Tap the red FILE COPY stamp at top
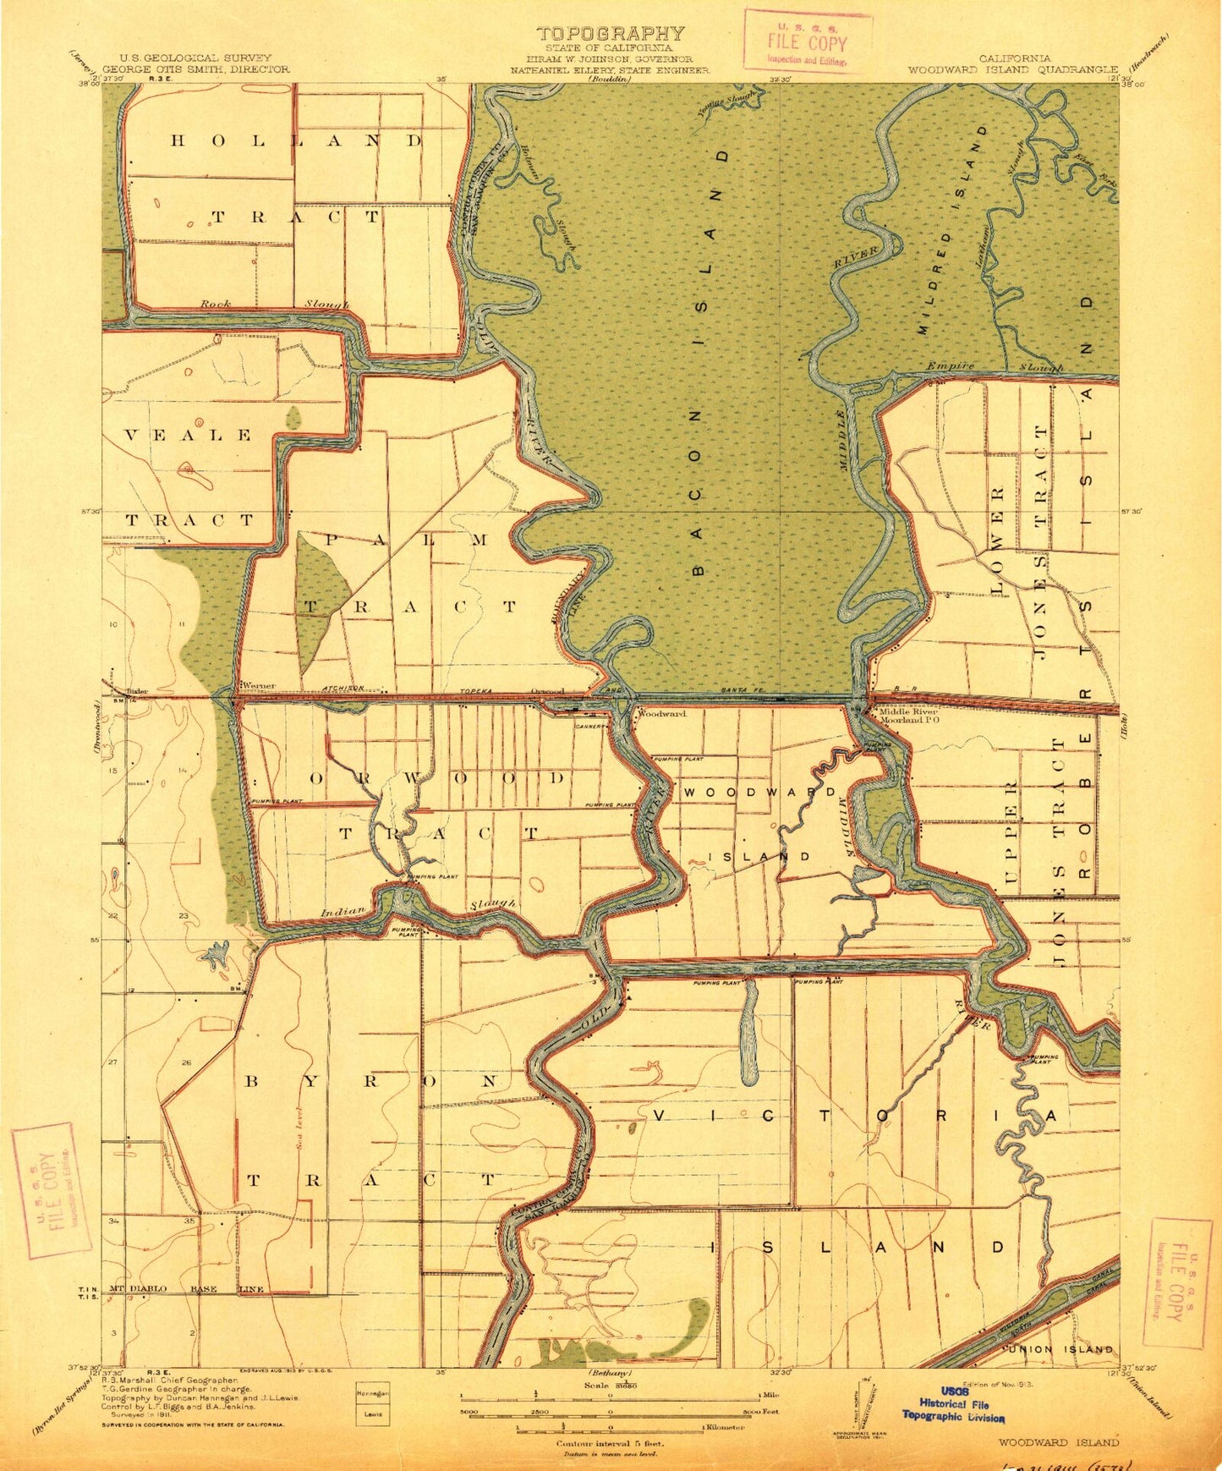pyautogui.click(x=807, y=41)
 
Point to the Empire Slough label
pyautogui.click(x=994, y=367)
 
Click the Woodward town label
pyautogui.click(x=660, y=713)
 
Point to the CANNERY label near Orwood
pyautogui.click(x=589, y=726)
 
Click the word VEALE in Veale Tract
pyautogui.click(x=188, y=436)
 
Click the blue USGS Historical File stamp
pyautogui.click(x=953, y=1403)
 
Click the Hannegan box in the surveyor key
pyautogui.click(x=373, y=1392)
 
